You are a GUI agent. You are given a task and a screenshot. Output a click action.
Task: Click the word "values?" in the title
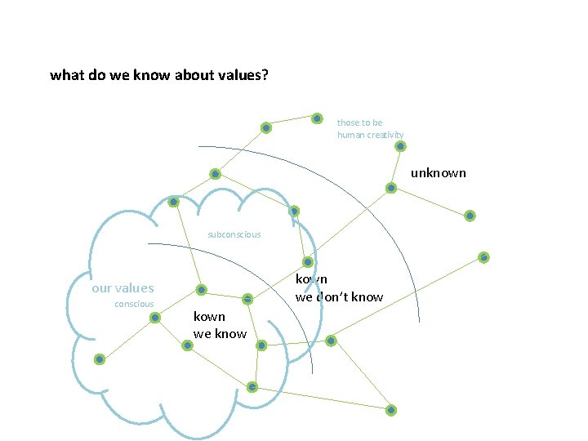point(244,76)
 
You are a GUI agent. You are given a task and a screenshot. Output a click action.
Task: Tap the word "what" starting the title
point(65,76)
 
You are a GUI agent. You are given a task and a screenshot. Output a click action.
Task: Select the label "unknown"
point(438,172)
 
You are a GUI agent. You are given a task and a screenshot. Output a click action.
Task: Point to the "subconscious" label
point(234,234)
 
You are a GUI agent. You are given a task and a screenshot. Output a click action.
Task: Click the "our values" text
point(122,287)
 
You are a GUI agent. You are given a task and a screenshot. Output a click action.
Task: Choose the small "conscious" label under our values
point(134,304)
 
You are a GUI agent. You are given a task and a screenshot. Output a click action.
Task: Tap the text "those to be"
point(359,122)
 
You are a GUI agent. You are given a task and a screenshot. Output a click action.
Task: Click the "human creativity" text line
point(370,135)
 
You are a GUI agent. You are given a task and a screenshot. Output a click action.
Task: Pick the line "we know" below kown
point(220,333)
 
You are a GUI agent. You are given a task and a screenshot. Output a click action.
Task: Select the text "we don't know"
point(339,296)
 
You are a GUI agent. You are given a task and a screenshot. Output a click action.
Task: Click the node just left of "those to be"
point(317,118)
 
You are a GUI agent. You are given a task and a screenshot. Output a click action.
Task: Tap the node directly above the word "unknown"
point(400,146)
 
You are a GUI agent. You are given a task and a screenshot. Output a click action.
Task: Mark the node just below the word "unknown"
point(391,188)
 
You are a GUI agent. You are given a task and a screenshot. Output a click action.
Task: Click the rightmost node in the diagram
point(483,257)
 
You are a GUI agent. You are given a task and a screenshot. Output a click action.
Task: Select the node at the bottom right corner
point(391,409)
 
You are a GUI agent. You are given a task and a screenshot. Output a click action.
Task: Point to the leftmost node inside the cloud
point(99,359)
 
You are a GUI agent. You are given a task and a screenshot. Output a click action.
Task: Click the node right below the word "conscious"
point(155,317)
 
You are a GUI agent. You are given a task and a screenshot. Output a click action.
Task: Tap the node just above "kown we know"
point(201,289)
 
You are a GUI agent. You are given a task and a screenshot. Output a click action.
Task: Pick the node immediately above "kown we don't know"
point(308,262)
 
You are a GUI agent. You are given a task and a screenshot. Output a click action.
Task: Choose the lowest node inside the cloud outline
point(252,386)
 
